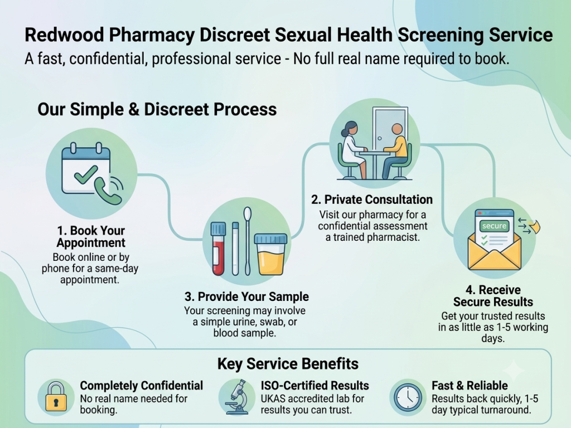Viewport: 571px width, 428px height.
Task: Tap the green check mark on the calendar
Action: (x=86, y=174)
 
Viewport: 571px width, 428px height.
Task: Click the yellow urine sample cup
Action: (x=270, y=254)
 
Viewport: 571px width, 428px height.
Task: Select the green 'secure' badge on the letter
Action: (x=494, y=226)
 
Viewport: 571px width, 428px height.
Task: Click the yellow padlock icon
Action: (x=56, y=396)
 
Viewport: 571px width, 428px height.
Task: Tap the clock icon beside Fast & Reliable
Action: (x=408, y=397)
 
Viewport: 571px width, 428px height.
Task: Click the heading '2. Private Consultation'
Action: (x=372, y=200)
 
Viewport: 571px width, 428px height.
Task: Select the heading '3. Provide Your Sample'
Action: (x=246, y=296)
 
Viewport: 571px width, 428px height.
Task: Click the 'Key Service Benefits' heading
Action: (x=288, y=363)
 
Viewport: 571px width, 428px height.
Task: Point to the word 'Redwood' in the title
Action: (x=64, y=35)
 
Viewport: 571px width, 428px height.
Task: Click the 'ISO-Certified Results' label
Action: (x=314, y=386)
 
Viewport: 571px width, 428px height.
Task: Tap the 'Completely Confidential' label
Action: (x=141, y=386)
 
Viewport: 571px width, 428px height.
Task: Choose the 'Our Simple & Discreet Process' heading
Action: (x=157, y=109)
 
